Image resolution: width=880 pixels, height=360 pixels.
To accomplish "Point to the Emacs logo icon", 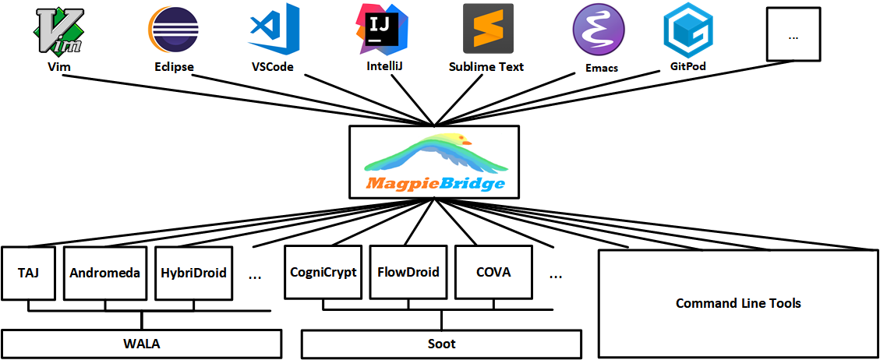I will (599, 30).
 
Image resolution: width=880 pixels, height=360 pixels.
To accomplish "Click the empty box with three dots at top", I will (793, 34).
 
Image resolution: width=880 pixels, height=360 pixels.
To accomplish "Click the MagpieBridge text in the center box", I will (433, 184).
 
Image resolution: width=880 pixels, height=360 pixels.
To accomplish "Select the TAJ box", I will (28, 273).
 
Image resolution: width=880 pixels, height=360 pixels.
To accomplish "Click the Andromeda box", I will (104, 273).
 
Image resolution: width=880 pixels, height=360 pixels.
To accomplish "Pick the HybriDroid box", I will (193, 273).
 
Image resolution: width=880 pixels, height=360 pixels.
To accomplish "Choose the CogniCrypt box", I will (323, 273).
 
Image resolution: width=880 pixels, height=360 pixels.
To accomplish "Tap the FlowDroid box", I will (408, 273).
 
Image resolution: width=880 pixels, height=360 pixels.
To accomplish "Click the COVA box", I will (493, 273).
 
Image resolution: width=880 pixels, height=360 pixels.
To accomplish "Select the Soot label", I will (441, 344).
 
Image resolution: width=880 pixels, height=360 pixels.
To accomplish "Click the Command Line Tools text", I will (737, 303).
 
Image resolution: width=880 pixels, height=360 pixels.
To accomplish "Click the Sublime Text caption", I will (486, 67).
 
